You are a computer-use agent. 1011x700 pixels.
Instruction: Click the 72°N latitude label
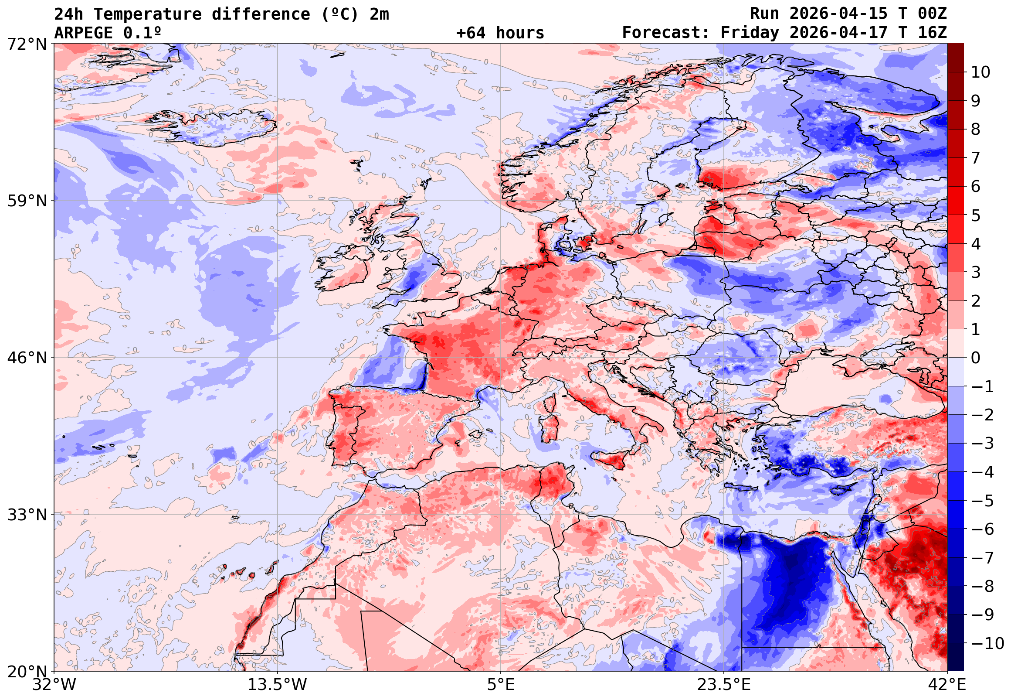27,44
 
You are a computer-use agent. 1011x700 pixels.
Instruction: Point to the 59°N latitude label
27,201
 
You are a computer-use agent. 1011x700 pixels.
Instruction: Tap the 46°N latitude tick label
27,358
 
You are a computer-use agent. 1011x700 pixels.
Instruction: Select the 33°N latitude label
27,515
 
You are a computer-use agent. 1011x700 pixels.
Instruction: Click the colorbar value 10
980,72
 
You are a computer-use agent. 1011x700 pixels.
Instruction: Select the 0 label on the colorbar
976,358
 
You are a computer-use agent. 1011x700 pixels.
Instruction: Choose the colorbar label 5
976,215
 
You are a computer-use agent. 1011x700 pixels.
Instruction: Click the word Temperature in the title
147,14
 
